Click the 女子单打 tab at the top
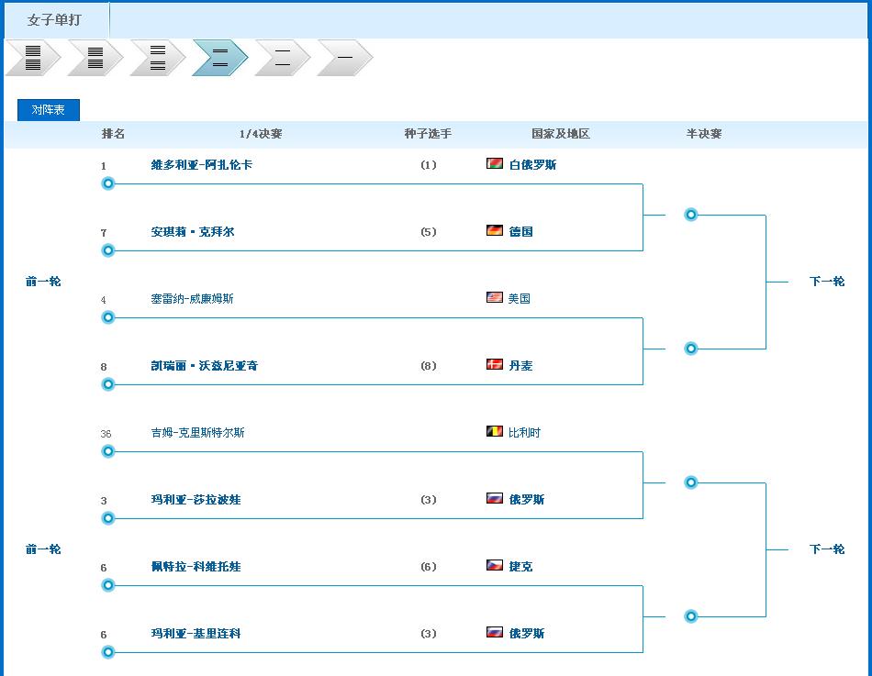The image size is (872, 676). pyautogui.click(x=54, y=19)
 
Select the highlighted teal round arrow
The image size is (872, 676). pyautogui.click(x=219, y=58)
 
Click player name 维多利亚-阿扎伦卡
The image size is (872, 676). pyautogui.click(x=201, y=165)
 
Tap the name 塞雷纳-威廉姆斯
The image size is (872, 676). pyautogui.click(x=192, y=299)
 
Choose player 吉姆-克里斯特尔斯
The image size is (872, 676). pyautogui.click(x=197, y=433)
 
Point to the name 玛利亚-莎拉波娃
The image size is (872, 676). pyautogui.click(x=196, y=500)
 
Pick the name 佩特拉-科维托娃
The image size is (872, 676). pyautogui.click(x=196, y=567)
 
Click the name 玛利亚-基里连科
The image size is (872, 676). pyautogui.click(x=196, y=634)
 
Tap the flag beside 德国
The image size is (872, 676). pyautogui.click(x=495, y=231)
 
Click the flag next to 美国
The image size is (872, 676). pyautogui.click(x=495, y=298)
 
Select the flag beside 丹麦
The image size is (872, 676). pyautogui.click(x=495, y=365)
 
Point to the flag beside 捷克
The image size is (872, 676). pyautogui.click(x=495, y=566)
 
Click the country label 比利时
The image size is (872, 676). pyautogui.click(x=524, y=433)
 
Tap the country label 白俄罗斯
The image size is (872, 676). pyautogui.click(x=532, y=165)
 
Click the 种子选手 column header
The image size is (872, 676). pyautogui.click(x=428, y=134)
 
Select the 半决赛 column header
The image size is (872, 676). pyautogui.click(x=704, y=134)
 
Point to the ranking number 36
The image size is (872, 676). pyautogui.click(x=106, y=434)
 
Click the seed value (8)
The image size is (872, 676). pyautogui.click(x=429, y=366)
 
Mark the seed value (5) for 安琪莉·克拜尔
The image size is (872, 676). pyautogui.click(x=429, y=232)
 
